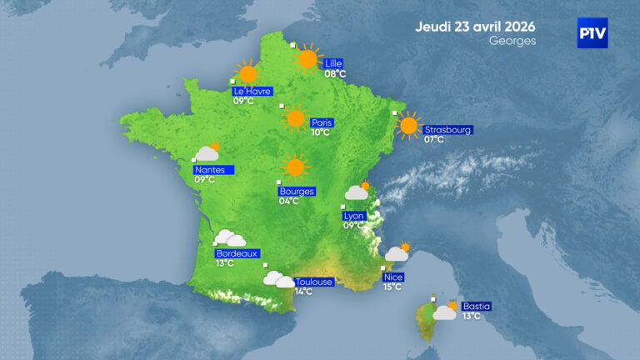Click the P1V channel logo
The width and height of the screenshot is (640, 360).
pos(592,33)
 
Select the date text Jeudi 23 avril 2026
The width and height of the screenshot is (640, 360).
pos(475,26)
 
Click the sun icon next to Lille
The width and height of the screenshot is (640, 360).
pos(308,58)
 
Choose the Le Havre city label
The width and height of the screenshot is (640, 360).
pos(252,91)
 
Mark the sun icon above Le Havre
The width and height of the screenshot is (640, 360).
pos(247,72)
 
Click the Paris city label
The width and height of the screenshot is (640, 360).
pos(322,122)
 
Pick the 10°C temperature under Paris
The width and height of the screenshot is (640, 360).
pos(321,132)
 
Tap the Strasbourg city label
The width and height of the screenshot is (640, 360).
pos(448,130)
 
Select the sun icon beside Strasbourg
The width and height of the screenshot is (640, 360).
pos(408,126)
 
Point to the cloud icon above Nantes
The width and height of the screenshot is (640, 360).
pos(207,152)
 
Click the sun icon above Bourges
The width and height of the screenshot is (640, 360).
pos(293,167)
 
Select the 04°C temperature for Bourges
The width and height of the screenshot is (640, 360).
pos(289,201)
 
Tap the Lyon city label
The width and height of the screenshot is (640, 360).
pos(354,215)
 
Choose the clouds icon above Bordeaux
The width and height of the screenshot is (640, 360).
pos(228,239)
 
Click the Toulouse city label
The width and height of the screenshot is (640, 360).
pos(313,282)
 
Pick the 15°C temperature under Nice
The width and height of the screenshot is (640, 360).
pos(392,287)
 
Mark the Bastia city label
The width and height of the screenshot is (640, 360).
pos(477,307)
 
